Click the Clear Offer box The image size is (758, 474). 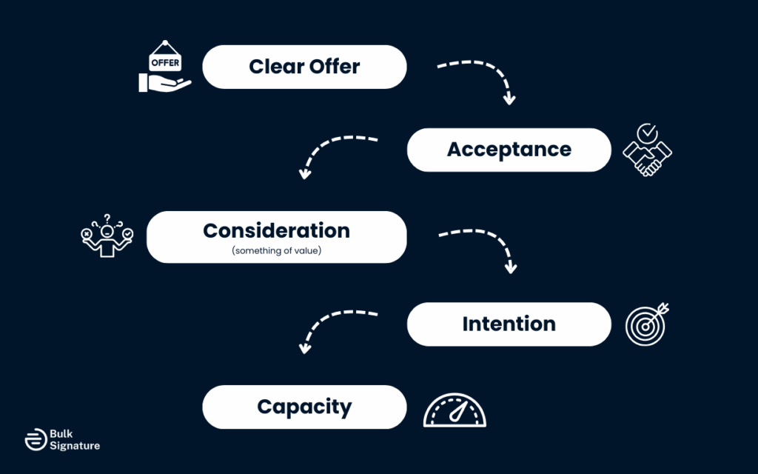coord(304,67)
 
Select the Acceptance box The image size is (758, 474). coord(509,150)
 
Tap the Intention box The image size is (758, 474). coord(509,324)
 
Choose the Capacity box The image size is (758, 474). coord(304,407)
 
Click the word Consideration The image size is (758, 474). coord(276,230)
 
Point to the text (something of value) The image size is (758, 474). coord(276,250)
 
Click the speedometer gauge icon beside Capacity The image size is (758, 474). coord(455,410)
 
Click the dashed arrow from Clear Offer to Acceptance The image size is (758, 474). coord(481,74)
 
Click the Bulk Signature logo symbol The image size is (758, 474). coord(35,439)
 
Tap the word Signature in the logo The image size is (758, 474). coord(75,446)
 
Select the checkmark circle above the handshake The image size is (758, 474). coord(647,133)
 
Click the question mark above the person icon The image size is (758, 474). coord(107,218)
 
